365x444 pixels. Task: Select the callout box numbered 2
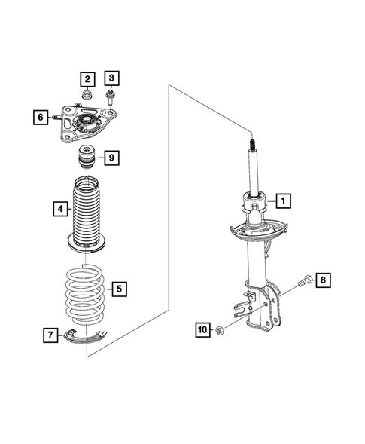87,78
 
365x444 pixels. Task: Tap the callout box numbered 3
111,78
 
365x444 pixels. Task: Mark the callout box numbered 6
40,117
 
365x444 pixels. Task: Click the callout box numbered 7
49,335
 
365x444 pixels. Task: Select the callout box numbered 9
110,158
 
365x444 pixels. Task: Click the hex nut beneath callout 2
88,95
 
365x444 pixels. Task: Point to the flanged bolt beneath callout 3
111,96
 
